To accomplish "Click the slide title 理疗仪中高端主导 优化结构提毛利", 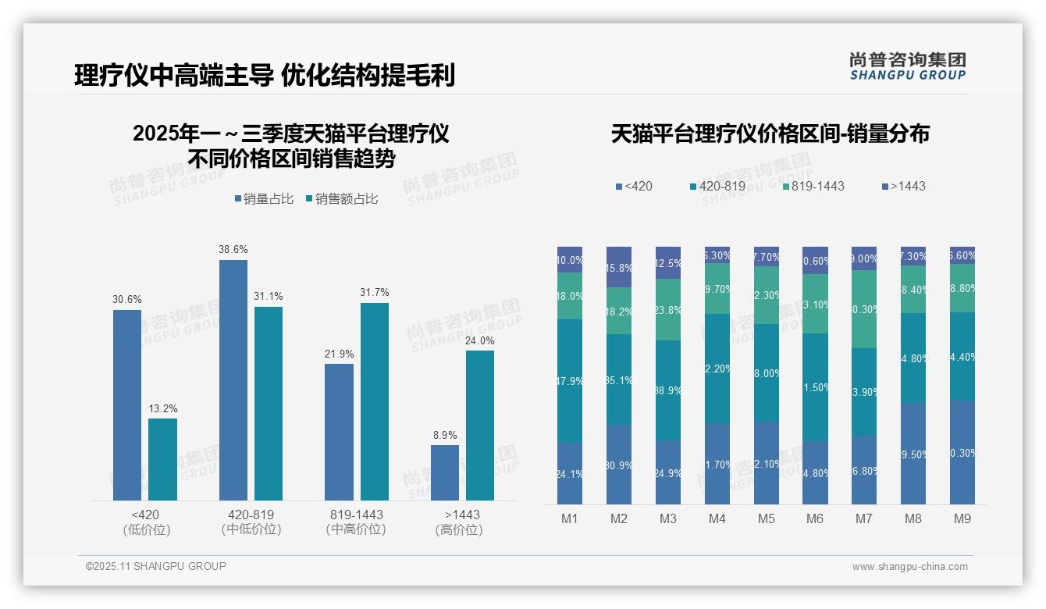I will click(265, 76).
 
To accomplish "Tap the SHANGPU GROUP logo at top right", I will click(907, 66).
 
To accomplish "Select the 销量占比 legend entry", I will click(264, 199).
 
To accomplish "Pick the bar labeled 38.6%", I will click(233, 379).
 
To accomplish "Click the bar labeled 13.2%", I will click(162, 459).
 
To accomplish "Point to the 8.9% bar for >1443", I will click(445, 472).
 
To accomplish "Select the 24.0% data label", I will click(480, 340).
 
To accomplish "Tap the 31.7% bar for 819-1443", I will click(375, 401).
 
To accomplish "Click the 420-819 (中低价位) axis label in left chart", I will click(251, 522).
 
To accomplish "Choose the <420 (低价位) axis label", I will click(146, 522).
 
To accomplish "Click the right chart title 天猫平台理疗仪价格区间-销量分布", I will click(770, 134).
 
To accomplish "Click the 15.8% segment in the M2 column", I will click(619, 267).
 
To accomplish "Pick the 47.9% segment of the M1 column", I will click(570, 381).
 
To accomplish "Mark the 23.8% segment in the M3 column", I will click(668, 309).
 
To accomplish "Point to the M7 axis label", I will click(864, 519).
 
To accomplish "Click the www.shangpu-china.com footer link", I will click(909, 567).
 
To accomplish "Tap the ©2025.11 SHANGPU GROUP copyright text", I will click(156, 566).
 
